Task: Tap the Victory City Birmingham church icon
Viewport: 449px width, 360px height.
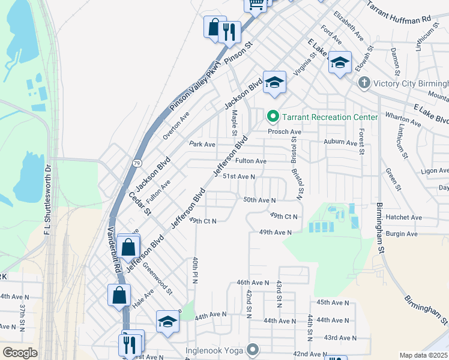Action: tap(363, 83)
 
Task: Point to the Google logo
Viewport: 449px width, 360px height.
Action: tap(20, 353)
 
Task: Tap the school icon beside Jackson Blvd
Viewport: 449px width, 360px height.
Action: tap(274, 82)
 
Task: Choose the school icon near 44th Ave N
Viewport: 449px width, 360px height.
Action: tap(167, 321)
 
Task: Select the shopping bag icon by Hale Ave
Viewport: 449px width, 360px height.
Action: tap(119, 295)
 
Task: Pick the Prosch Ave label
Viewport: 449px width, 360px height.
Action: tap(285, 131)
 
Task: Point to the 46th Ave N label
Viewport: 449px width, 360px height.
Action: tap(253, 282)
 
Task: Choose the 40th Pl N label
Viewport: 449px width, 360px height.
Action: tap(194, 271)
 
